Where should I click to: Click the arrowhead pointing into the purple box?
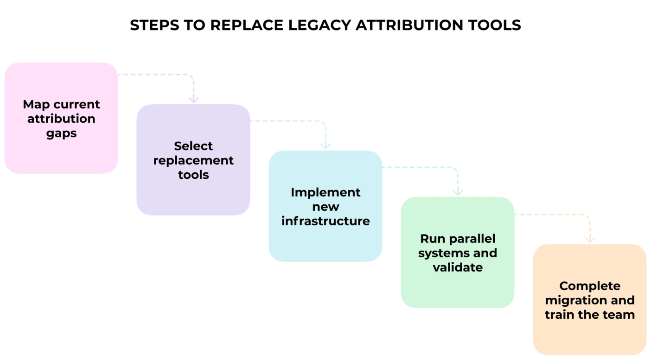(193, 100)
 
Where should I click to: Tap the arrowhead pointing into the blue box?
(325, 146)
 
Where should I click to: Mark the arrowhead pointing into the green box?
(458, 192)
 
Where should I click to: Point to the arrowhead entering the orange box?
(590, 239)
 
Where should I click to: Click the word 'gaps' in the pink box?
(61, 133)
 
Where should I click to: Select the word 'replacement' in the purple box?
(193, 160)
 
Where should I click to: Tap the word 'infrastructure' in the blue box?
(325, 221)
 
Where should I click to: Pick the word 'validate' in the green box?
(458, 267)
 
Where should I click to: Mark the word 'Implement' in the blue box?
(325, 192)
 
